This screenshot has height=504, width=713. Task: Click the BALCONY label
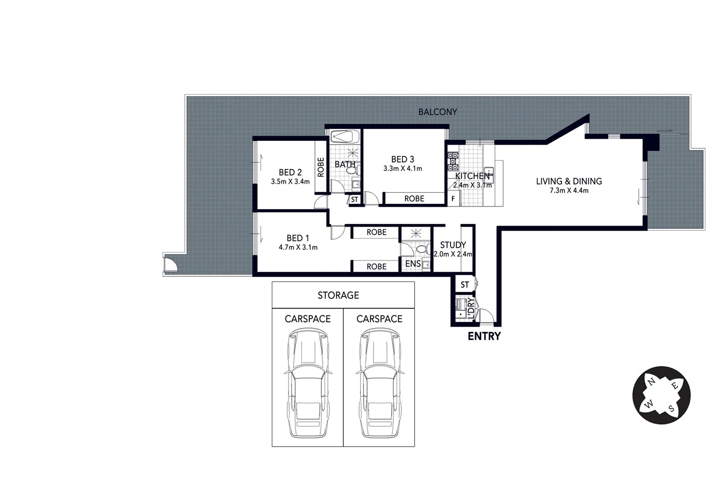tap(437, 112)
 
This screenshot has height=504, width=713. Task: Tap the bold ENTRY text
tap(484, 336)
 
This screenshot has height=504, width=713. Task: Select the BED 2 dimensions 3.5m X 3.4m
tap(290, 182)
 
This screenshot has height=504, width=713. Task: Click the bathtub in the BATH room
tap(345, 137)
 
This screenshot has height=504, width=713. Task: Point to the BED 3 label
tap(402, 159)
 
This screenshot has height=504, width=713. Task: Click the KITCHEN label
tap(472, 176)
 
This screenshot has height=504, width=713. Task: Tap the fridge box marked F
tap(453, 199)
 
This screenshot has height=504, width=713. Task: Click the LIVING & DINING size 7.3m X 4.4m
tap(568, 190)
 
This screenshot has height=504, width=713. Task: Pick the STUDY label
tap(453, 245)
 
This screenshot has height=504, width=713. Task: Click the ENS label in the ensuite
tap(413, 264)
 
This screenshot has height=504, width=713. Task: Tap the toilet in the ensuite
tap(422, 249)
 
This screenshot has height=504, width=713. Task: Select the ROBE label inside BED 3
tap(414, 199)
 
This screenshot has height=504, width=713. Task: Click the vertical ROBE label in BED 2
tap(321, 167)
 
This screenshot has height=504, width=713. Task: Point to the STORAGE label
tap(338, 295)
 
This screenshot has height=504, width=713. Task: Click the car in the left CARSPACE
tap(308, 383)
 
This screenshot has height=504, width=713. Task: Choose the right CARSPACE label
tap(379, 319)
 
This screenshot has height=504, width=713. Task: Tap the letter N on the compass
tap(651, 382)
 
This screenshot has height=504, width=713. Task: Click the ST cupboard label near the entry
tap(464, 285)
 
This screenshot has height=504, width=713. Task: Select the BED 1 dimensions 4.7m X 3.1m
tap(298, 247)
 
